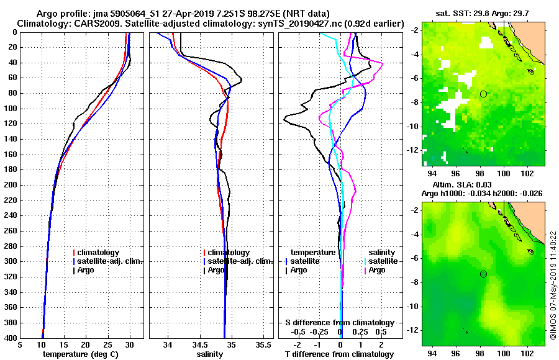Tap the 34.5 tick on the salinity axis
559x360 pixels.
coord(199,344)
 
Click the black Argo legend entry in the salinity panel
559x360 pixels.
coord(215,270)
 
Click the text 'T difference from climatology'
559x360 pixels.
coord(339,354)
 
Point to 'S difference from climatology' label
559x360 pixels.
coord(339,323)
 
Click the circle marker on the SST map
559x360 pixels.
coord(483,94)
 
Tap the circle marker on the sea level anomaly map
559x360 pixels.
coord(483,274)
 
